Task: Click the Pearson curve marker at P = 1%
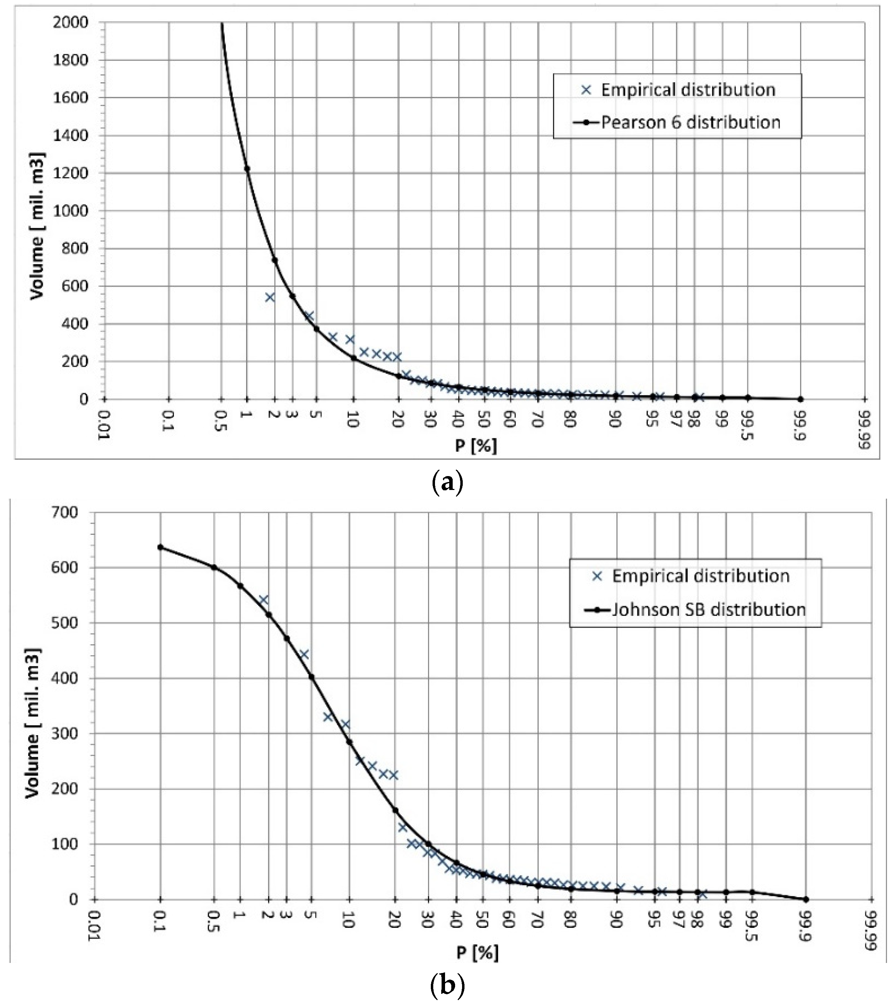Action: point(247,168)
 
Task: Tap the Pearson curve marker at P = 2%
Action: point(275,260)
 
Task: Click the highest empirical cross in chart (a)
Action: point(270,297)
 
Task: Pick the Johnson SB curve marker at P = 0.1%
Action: point(160,547)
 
